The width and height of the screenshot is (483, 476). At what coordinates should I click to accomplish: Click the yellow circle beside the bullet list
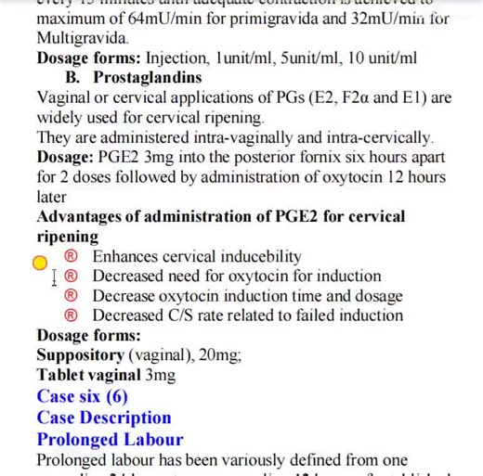(40, 263)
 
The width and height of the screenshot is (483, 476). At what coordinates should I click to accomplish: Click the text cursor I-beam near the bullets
(55, 277)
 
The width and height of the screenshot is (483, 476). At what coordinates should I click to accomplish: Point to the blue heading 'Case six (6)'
(83, 396)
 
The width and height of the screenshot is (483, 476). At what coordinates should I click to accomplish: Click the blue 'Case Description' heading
(104, 418)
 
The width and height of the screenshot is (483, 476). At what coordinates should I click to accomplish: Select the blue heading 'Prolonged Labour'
(110, 439)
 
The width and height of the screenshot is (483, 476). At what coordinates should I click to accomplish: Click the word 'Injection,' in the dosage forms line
(180, 58)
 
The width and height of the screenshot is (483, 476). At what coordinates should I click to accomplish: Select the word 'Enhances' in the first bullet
(128, 257)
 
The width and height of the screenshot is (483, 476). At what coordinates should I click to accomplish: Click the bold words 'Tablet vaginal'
(89, 376)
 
